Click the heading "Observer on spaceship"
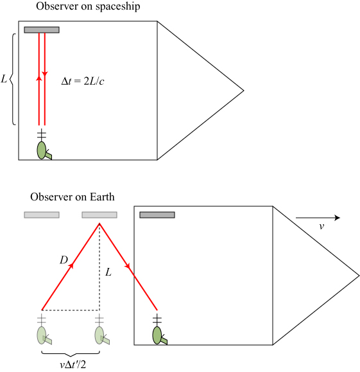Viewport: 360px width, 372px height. point(88,6)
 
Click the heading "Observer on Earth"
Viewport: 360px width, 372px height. point(73,197)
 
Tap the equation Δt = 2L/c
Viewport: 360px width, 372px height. point(83,81)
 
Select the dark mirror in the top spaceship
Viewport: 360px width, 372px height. point(42,30)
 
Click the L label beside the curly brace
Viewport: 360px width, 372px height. point(4,79)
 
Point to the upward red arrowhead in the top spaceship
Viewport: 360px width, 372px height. point(39,78)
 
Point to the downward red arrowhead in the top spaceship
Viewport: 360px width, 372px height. point(44,73)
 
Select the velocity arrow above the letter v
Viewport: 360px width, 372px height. point(318,218)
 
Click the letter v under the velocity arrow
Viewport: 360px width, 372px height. point(321,226)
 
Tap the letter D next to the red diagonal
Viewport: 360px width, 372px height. point(64,260)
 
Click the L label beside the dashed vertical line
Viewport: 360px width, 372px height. point(108,272)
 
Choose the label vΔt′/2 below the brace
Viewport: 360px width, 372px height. point(73,364)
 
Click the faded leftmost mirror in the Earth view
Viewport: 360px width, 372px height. point(42,215)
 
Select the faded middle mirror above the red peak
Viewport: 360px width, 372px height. point(99,215)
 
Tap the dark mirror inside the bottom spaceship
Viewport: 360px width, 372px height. point(157,215)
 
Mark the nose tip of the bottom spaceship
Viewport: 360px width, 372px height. point(359,276)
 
